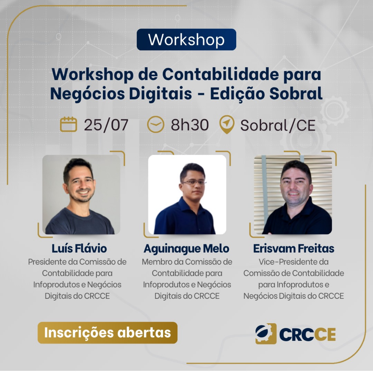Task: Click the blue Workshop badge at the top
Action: click(x=186, y=40)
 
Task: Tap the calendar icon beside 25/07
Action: click(x=68, y=124)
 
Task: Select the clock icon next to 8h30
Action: click(x=156, y=124)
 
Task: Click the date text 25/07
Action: click(x=106, y=125)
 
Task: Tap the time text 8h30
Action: click(x=190, y=125)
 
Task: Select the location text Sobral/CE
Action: click(x=278, y=125)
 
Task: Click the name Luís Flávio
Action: click(x=79, y=249)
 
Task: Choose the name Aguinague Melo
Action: click(x=186, y=249)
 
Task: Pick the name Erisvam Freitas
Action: click(x=293, y=249)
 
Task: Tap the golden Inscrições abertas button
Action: click(x=107, y=333)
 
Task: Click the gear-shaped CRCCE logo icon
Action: click(x=266, y=334)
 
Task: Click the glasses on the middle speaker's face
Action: click(x=193, y=182)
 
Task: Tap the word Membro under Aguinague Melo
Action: click(x=157, y=262)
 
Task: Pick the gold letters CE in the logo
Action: click(x=325, y=334)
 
